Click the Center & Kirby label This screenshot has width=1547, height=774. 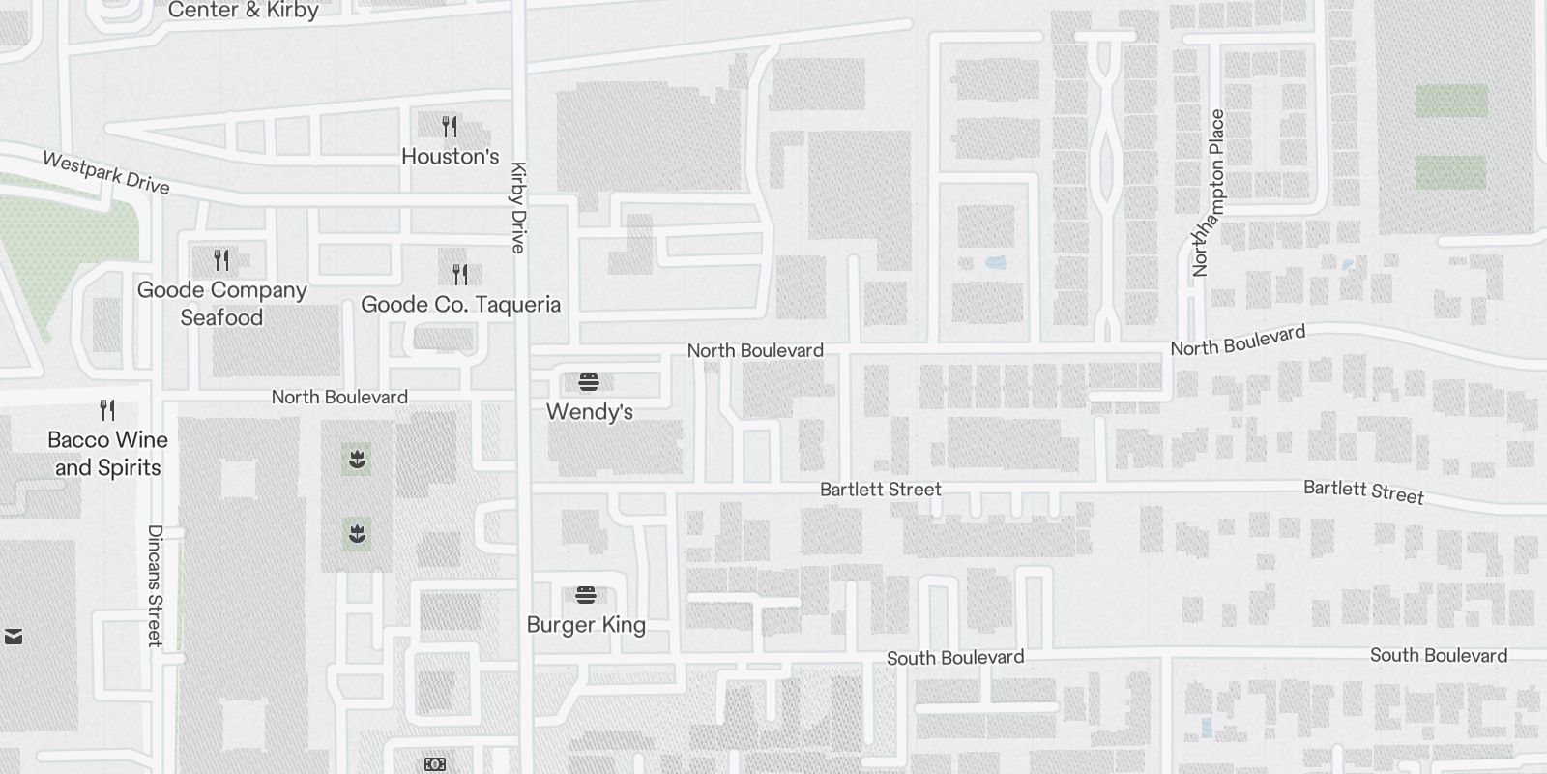243,11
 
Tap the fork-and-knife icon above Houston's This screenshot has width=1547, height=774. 450,127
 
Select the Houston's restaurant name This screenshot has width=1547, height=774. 450,157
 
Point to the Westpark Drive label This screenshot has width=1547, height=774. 106,173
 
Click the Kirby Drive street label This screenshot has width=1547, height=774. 518,207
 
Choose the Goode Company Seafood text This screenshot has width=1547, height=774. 221,304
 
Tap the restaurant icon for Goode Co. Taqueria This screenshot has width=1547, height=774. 460,275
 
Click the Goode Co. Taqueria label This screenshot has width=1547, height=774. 460,305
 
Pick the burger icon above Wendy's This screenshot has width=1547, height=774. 589,382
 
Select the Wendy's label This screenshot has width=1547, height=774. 589,412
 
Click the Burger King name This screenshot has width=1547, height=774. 586,625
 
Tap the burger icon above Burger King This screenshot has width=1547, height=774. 585,594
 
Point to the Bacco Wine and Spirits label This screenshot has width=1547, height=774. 107,454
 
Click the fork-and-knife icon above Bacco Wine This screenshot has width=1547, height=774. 107,410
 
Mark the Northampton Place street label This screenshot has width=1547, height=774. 1209,193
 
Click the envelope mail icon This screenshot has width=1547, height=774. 14,637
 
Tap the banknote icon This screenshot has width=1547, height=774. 434,764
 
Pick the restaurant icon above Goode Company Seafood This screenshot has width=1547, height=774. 221,260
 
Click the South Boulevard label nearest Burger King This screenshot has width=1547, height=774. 954,658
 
